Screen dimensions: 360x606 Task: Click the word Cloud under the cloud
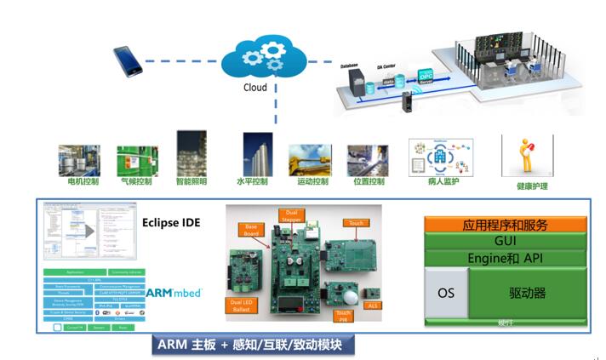tap(254, 87)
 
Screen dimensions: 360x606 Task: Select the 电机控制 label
tap(83, 181)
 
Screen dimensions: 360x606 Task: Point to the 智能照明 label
tap(192, 181)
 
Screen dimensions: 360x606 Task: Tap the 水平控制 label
tap(252, 181)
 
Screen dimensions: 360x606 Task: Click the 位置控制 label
tap(367, 181)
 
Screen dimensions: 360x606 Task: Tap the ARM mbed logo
tap(174, 293)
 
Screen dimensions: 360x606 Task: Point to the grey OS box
tap(446, 293)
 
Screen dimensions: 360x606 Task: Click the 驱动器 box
tap(529, 293)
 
